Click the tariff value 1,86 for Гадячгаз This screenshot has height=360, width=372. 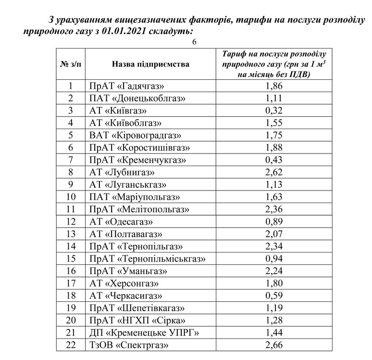(x=273, y=86)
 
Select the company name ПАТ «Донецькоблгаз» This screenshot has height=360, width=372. (x=137, y=99)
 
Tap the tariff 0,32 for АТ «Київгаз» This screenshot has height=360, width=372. (x=273, y=111)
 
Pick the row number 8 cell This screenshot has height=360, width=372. (x=71, y=172)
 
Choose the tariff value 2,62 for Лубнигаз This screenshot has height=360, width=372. (x=273, y=172)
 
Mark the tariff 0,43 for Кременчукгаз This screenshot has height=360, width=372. (x=273, y=160)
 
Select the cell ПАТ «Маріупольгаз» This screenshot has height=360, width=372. (x=135, y=197)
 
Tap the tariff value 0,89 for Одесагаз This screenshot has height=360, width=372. (x=273, y=222)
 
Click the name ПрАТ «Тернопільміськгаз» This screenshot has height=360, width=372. (x=148, y=259)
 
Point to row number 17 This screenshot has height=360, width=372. (x=71, y=283)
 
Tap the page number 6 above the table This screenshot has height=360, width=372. (x=194, y=42)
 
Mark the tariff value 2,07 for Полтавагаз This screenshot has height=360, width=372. (x=273, y=234)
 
